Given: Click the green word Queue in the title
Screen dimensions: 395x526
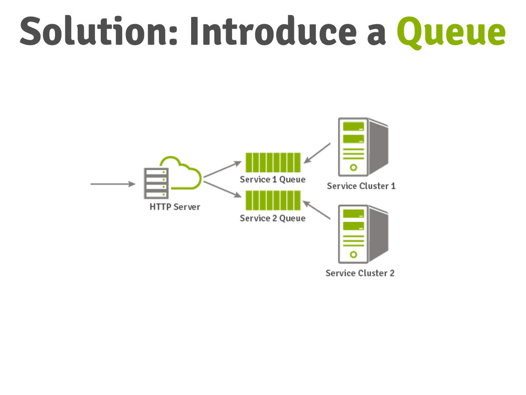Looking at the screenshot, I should (450, 32).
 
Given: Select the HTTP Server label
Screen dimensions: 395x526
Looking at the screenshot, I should (175, 207).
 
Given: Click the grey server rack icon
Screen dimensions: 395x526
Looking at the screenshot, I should (155, 183).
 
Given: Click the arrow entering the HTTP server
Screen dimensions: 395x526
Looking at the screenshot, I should (112, 184).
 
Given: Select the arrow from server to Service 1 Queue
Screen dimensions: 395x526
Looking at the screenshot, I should (222, 169).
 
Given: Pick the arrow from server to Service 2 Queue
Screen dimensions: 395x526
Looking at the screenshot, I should (222, 188).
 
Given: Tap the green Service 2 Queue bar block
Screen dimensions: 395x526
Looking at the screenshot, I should (273, 200).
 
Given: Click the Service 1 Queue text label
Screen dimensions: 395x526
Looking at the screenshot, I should (273, 179).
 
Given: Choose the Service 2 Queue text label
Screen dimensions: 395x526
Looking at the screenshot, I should (273, 218).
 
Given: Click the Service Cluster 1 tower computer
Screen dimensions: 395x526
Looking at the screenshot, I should (362, 147).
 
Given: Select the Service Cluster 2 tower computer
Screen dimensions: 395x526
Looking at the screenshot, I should (362, 234).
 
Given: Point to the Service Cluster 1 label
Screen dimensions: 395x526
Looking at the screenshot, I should (361, 186).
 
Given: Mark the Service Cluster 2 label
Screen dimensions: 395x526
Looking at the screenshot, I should (360, 273).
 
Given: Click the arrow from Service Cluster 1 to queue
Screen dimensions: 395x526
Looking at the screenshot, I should (317, 152).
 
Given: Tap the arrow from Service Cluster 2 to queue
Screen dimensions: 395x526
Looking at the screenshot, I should (316, 210).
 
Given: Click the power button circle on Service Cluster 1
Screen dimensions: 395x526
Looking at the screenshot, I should (353, 167).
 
